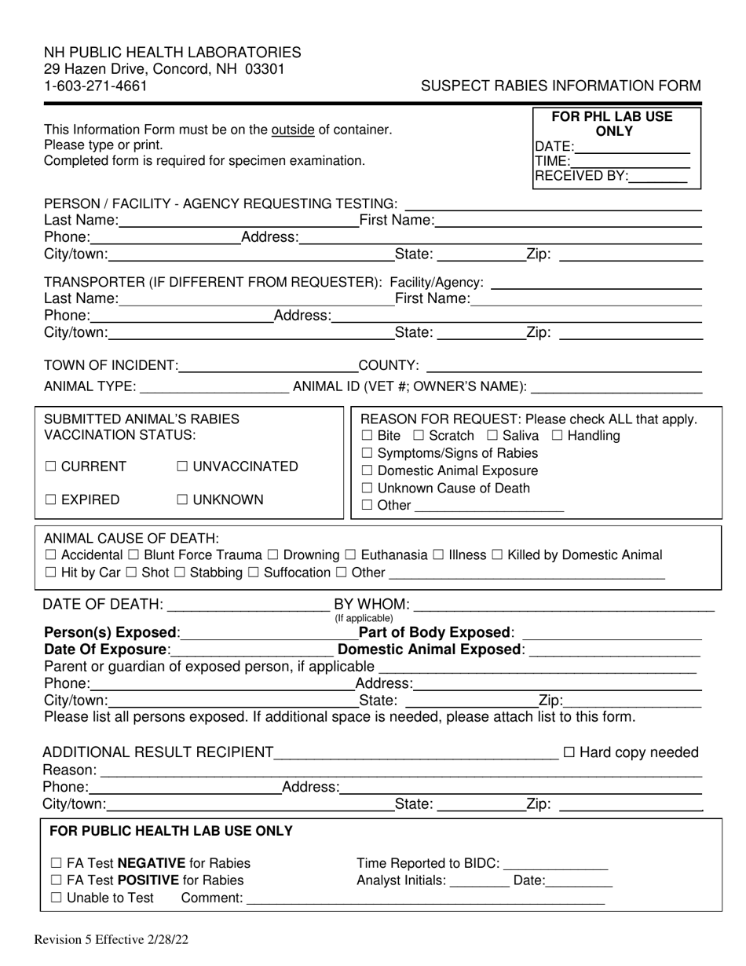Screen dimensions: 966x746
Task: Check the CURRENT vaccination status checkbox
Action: [x=51, y=467]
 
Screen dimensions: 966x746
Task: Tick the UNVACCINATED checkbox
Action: [x=182, y=467]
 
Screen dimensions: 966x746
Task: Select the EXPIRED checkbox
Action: [x=51, y=500]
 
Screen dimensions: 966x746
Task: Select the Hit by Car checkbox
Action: [x=50, y=573]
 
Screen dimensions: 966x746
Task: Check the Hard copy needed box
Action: [x=569, y=752]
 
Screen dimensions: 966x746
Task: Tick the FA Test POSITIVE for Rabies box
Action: [x=56, y=880]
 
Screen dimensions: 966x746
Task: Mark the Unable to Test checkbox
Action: [x=56, y=898]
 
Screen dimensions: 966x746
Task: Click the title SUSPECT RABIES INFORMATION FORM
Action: [x=561, y=86]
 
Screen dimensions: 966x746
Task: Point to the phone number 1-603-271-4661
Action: [x=95, y=86]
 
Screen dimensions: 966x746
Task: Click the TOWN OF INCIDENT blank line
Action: [x=267, y=366]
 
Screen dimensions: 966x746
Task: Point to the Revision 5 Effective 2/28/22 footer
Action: [x=111, y=939]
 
